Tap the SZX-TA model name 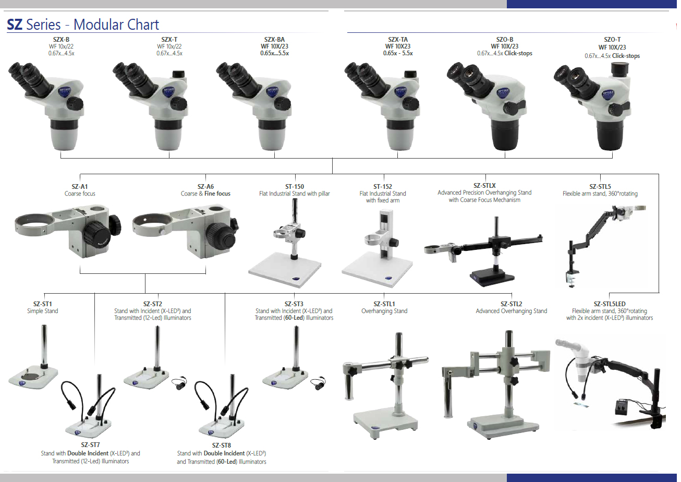(x=398, y=39)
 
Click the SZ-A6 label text (x=205, y=187)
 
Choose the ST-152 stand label (x=383, y=187)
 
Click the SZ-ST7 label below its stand (x=90, y=445)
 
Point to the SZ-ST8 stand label (x=221, y=445)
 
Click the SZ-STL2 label (x=511, y=304)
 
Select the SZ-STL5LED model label (x=609, y=304)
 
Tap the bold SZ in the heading (x=15, y=25)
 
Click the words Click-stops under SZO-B (x=518, y=53)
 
